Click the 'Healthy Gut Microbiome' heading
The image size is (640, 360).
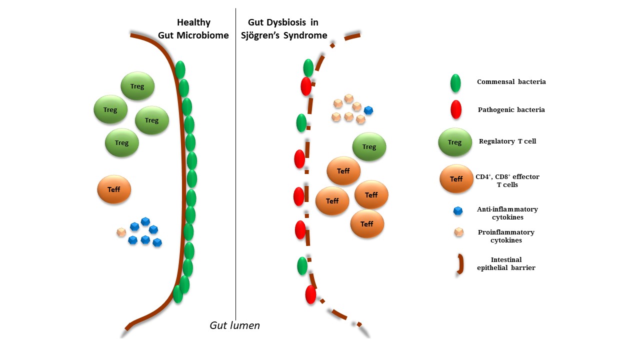[x=193, y=29]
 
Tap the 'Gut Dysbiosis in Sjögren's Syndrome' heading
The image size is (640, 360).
[x=284, y=29]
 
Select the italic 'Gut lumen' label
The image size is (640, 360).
[x=234, y=325]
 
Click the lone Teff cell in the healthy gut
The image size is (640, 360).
[x=114, y=189]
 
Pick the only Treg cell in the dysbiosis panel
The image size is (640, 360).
[x=369, y=146]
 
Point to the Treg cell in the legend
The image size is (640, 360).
[x=454, y=142]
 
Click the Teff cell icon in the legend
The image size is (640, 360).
[x=456, y=178]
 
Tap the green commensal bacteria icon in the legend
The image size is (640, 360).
[x=455, y=83]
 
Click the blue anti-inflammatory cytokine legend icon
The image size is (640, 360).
[x=457, y=211]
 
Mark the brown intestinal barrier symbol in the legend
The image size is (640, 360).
[x=458, y=264]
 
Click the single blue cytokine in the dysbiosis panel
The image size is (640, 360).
[x=368, y=110]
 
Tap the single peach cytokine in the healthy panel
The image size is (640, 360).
[x=121, y=232]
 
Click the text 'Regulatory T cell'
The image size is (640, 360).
[x=507, y=141]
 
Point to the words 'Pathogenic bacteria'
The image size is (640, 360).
[x=511, y=110]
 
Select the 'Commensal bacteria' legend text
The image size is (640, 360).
[x=511, y=81]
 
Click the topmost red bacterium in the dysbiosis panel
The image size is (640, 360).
[x=306, y=86]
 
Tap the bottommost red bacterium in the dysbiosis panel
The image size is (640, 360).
[x=310, y=294]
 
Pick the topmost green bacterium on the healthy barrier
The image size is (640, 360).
[x=180, y=70]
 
